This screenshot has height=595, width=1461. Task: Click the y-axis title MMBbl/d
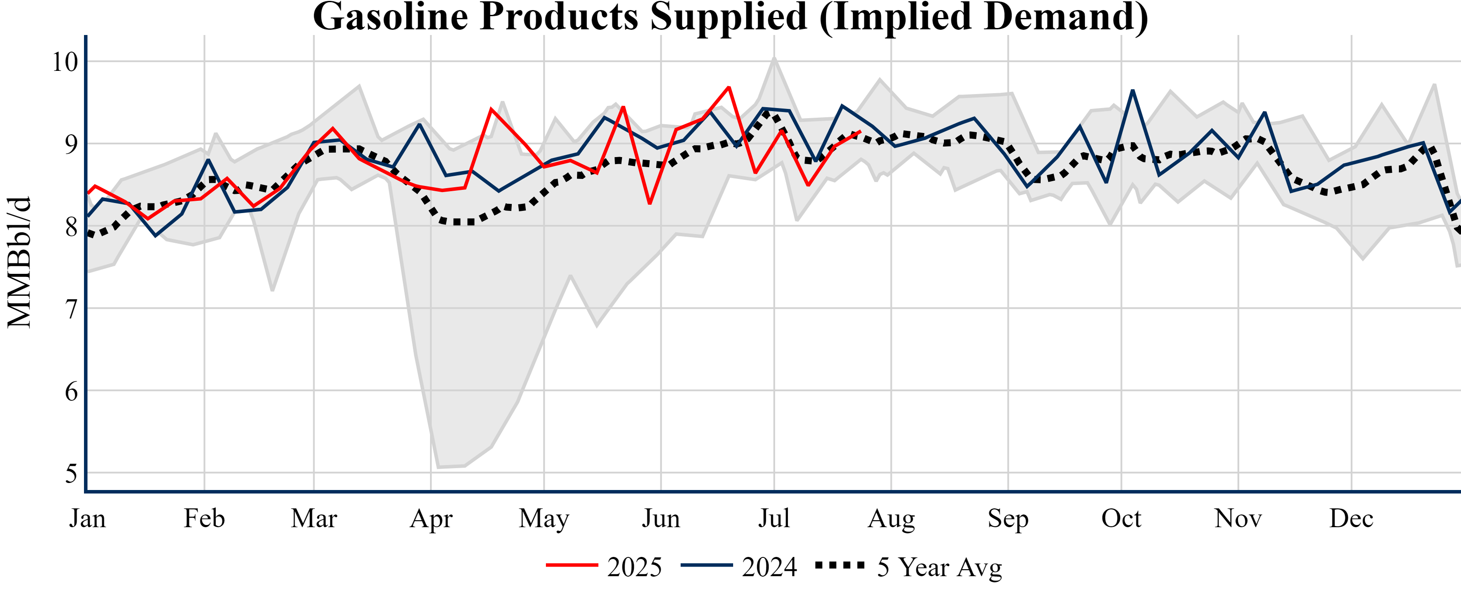(x=19, y=262)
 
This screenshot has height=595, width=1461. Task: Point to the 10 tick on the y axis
(x=65, y=62)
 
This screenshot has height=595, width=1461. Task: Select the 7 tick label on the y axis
(x=71, y=309)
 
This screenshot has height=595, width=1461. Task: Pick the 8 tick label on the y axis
(x=71, y=227)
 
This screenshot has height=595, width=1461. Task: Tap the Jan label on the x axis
(x=87, y=518)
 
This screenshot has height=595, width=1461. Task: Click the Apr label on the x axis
(x=431, y=518)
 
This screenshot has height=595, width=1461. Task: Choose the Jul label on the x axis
(x=774, y=518)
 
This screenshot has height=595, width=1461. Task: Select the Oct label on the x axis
(x=1121, y=518)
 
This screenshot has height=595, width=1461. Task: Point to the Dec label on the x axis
(x=1352, y=518)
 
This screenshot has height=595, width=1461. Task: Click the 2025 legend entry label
(x=634, y=567)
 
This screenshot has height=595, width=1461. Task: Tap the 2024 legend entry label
(x=769, y=567)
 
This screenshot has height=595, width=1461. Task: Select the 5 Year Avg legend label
(x=939, y=567)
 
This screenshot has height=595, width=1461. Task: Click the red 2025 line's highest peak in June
(x=729, y=87)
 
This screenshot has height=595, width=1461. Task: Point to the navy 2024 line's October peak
(x=1132, y=91)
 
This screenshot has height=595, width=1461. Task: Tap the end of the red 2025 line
(x=860, y=132)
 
